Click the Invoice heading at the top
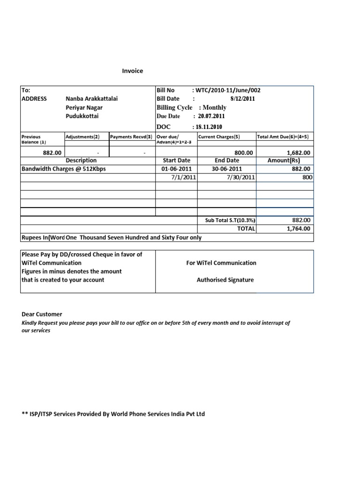click(133, 71)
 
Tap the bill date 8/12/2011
click(243, 99)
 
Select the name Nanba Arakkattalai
click(91, 99)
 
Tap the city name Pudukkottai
click(82, 116)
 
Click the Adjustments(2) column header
click(83, 137)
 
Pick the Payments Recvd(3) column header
click(131, 137)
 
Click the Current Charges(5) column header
click(220, 137)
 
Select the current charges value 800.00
click(243, 153)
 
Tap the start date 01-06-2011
click(176, 169)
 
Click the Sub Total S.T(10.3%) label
click(230, 220)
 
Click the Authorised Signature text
click(225, 280)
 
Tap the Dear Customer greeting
click(42, 314)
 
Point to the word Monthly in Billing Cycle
click(214, 107)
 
